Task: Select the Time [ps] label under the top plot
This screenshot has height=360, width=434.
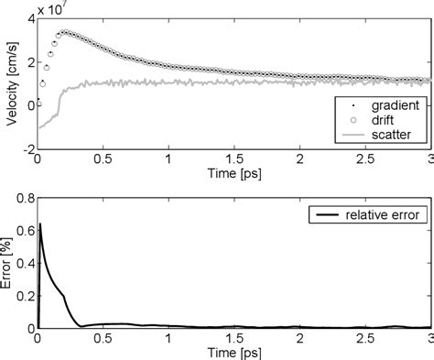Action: coord(233,173)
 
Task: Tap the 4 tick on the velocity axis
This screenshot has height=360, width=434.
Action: coord(30,19)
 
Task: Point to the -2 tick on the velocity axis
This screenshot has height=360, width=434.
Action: coord(27,147)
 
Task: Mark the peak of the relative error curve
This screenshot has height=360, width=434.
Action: coord(39,224)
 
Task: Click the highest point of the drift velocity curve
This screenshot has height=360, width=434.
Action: coord(62,33)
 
